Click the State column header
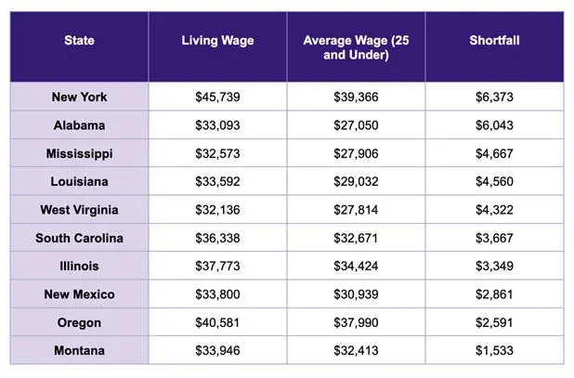point(79,40)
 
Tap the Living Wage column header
point(217,40)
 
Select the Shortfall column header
point(494,40)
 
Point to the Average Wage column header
point(356,47)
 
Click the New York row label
point(79,97)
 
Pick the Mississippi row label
point(79,153)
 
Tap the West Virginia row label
point(79,210)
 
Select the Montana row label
point(79,350)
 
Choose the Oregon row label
point(79,323)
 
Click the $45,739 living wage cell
point(217,97)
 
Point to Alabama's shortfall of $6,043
point(494,125)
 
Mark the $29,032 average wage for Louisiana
point(356,181)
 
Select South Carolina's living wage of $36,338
point(217,238)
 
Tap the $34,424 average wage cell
point(356,266)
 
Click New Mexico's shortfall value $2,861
point(494,294)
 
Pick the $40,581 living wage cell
point(217,323)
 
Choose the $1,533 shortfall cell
point(494,350)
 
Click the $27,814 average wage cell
point(356,210)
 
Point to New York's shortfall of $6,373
point(494,97)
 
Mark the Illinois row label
point(79,266)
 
